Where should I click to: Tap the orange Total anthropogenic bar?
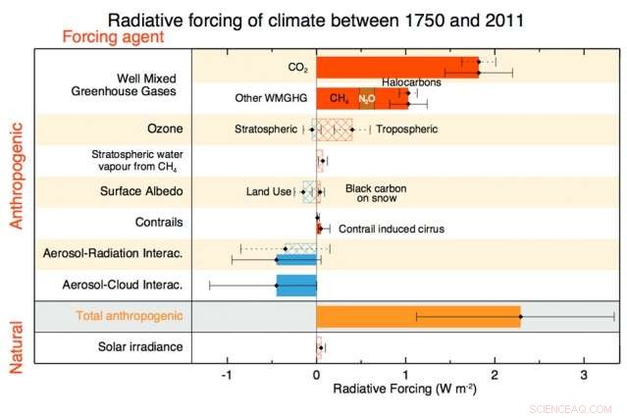click(417, 316)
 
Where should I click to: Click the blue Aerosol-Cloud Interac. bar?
click(296, 286)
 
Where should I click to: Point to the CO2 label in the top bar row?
click(297, 68)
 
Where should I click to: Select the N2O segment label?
click(366, 99)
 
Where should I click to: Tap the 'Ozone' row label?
click(151, 129)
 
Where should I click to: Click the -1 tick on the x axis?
click(227, 375)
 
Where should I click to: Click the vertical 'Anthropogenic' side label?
click(16, 172)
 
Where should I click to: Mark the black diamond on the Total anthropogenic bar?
click(520, 316)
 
